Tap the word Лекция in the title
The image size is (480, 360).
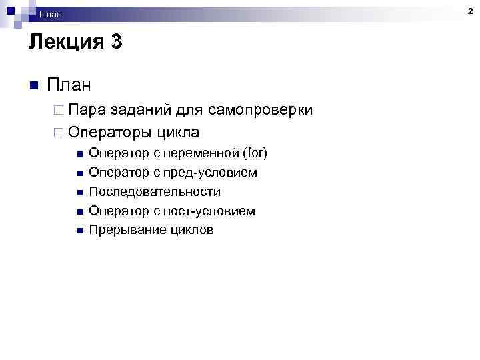coord(63,43)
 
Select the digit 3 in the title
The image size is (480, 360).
coord(116,43)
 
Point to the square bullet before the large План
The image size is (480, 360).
coord(34,86)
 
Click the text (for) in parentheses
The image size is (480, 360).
coord(255,153)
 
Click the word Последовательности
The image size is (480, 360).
coord(155,192)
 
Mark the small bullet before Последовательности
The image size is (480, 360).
coord(79,193)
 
